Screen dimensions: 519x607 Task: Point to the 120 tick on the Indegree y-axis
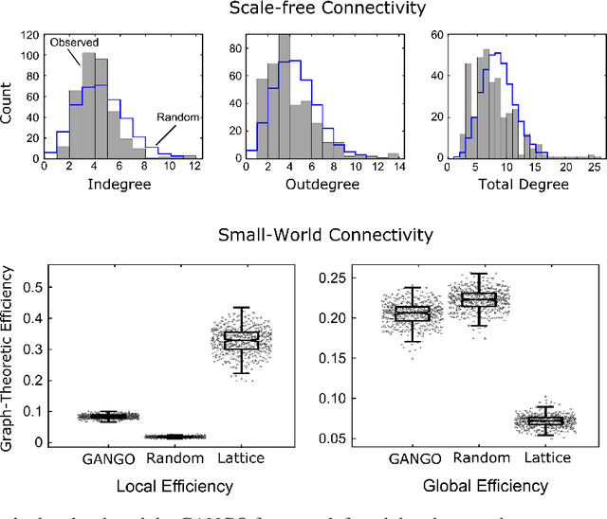click(30, 35)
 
